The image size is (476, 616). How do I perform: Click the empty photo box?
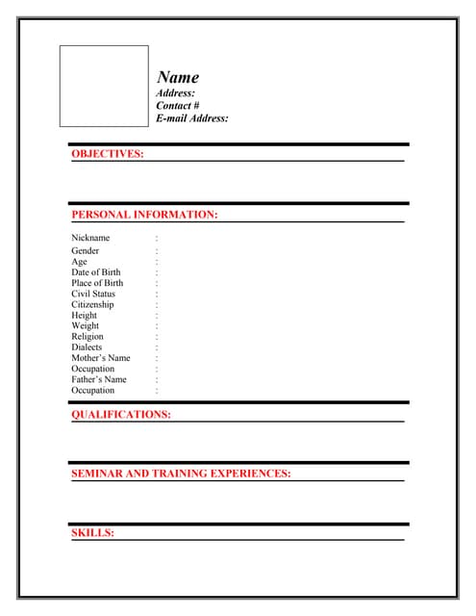pyautogui.click(x=104, y=86)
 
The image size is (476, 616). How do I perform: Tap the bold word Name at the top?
pyautogui.click(x=178, y=78)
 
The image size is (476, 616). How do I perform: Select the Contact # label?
pyautogui.click(x=178, y=106)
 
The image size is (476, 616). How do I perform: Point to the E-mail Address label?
pyautogui.click(x=192, y=118)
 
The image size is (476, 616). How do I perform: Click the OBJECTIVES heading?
pyautogui.click(x=108, y=154)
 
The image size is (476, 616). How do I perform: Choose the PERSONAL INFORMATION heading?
pyautogui.click(x=144, y=215)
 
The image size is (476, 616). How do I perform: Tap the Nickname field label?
pyautogui.click(x=90, y=238)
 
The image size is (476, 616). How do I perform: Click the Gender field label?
pyautogui.click(x=85, y=251)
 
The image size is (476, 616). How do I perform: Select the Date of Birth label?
pyautogui.click(x=96, y=272)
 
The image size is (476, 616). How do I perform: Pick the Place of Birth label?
pyautogui.click(x=97, y=283)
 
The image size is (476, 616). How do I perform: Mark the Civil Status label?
pyautogui.click(x=92, y=294)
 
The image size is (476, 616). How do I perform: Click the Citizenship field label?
pyautogui.click(x=92, y=304)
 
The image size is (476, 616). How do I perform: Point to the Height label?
pyautogui.click(x=84, y=315)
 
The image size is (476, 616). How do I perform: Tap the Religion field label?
pyautogui.click(x=87, y=337)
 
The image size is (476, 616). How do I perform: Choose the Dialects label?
pyautogui.click(x=87, y=347)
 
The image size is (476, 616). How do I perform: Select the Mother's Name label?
pyautogui.click(x=100, y=358)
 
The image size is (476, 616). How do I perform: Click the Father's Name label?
pyautogui.click(x=99, y=379)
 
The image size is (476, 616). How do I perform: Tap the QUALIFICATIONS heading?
pyautogui.click(x=121, y=415)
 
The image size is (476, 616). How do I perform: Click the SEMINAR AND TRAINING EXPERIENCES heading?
pyautogui.click(x=181, y=474)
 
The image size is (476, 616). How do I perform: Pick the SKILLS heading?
pyautogui.click(x=92, y=532)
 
